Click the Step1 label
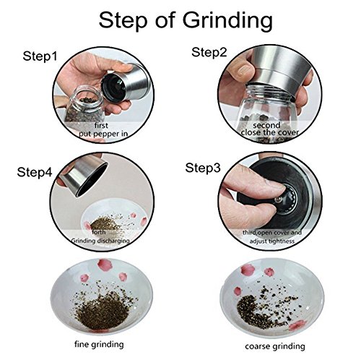click(x=40, y=56)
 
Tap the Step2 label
click(x=209, y=52)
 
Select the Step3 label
click(x=203, y=168)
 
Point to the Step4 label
click(x=35, y=172)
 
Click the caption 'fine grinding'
click(x=99, y=344)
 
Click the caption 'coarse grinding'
click(x=275, y=346)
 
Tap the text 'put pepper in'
click(x=103, y=134)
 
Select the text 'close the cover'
click(x=270, y=132)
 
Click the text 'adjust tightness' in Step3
click(x=272, y=241)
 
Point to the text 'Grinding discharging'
click(x=100, y=241)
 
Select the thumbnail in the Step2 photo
click(x=243, y=70)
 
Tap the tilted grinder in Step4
click(x=83, y=175)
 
